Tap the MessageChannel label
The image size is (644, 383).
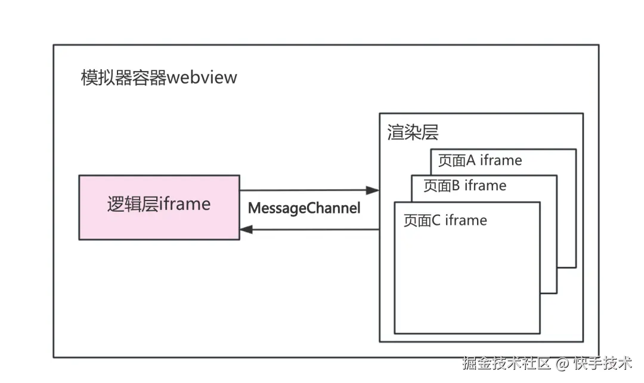coord(304,209)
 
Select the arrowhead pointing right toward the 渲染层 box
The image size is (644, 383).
coord(373,190)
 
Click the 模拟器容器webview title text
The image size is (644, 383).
coord(159,78)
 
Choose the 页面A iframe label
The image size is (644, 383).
coord(479,160)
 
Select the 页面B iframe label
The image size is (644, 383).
coord(465,186)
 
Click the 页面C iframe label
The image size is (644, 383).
coord(445,221)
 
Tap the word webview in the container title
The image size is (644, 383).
coord(202,78)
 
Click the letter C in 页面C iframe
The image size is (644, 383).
coord(435,221)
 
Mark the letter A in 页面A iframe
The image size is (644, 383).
coord(470,160)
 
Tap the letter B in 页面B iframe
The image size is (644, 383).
coord(455,186)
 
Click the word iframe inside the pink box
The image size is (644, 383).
coord(185,205)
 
